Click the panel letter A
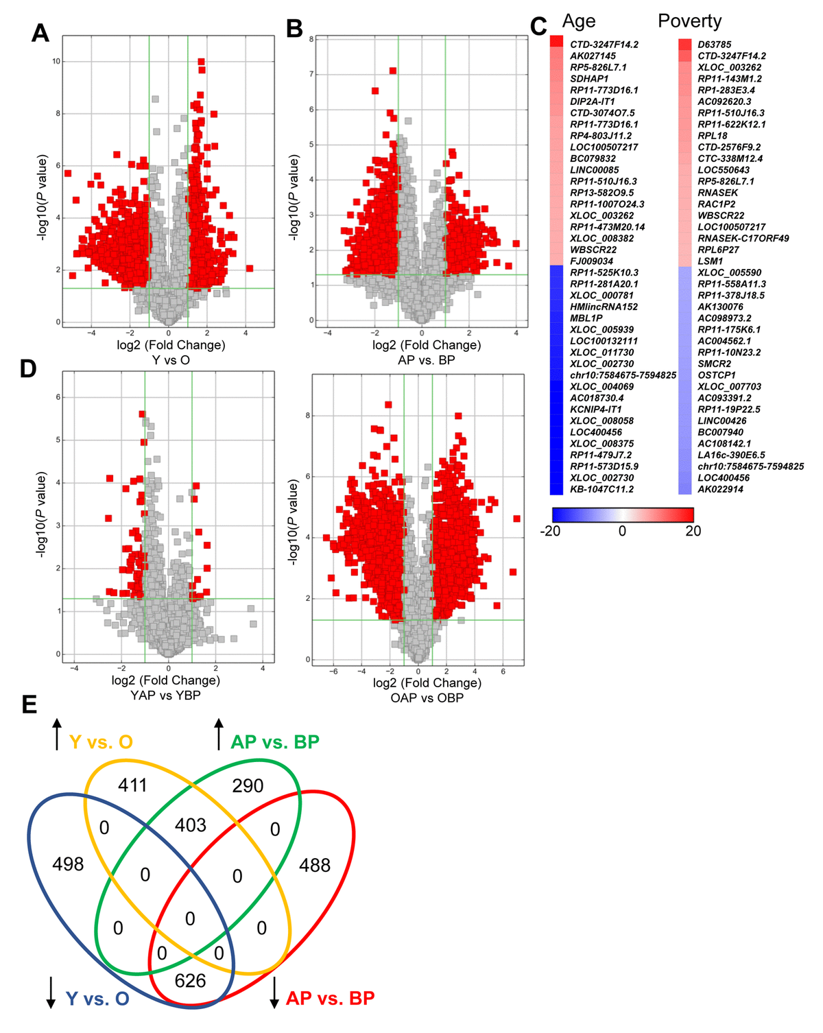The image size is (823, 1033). tap(40, 32)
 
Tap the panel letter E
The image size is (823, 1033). tap(29, 704)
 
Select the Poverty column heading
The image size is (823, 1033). tap(689, 21)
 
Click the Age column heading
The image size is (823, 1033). tap(578, 21)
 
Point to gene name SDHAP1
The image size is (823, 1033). tap(589, 79)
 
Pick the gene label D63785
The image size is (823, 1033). tap(715, 45)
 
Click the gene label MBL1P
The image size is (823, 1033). tap(586, 318)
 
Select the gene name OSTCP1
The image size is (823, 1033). tap(717, 375)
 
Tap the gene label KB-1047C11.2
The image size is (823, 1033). tap(601, 489)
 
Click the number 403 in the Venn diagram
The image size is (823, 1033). tap(190, 825)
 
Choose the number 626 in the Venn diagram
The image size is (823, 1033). tap(190, 981)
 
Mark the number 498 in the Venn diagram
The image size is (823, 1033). tap(68, 864)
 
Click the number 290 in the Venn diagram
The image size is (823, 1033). tap(248, 786)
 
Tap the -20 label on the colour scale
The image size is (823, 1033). tap(550, 531)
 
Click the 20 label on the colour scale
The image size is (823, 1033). tap(693, 531)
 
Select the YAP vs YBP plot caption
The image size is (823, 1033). tap(166, 695)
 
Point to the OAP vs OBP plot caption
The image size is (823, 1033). tap(427, 698)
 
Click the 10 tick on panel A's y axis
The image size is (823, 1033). tap(56, 62)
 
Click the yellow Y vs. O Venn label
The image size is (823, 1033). tap(101, 742)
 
